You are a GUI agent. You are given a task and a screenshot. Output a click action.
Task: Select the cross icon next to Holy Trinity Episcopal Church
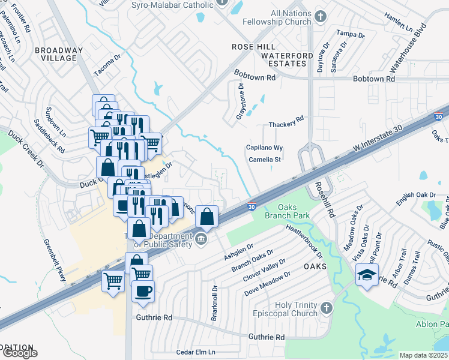(x=326, y=308)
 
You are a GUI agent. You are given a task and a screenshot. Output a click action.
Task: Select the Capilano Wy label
(x=264, y=148)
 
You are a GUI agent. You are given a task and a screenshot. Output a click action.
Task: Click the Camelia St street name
(x=264, y=160)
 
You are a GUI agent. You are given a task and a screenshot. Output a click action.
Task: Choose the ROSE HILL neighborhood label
(x=254, y=47)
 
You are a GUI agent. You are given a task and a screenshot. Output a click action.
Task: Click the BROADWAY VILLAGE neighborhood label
(x=56, y=54)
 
